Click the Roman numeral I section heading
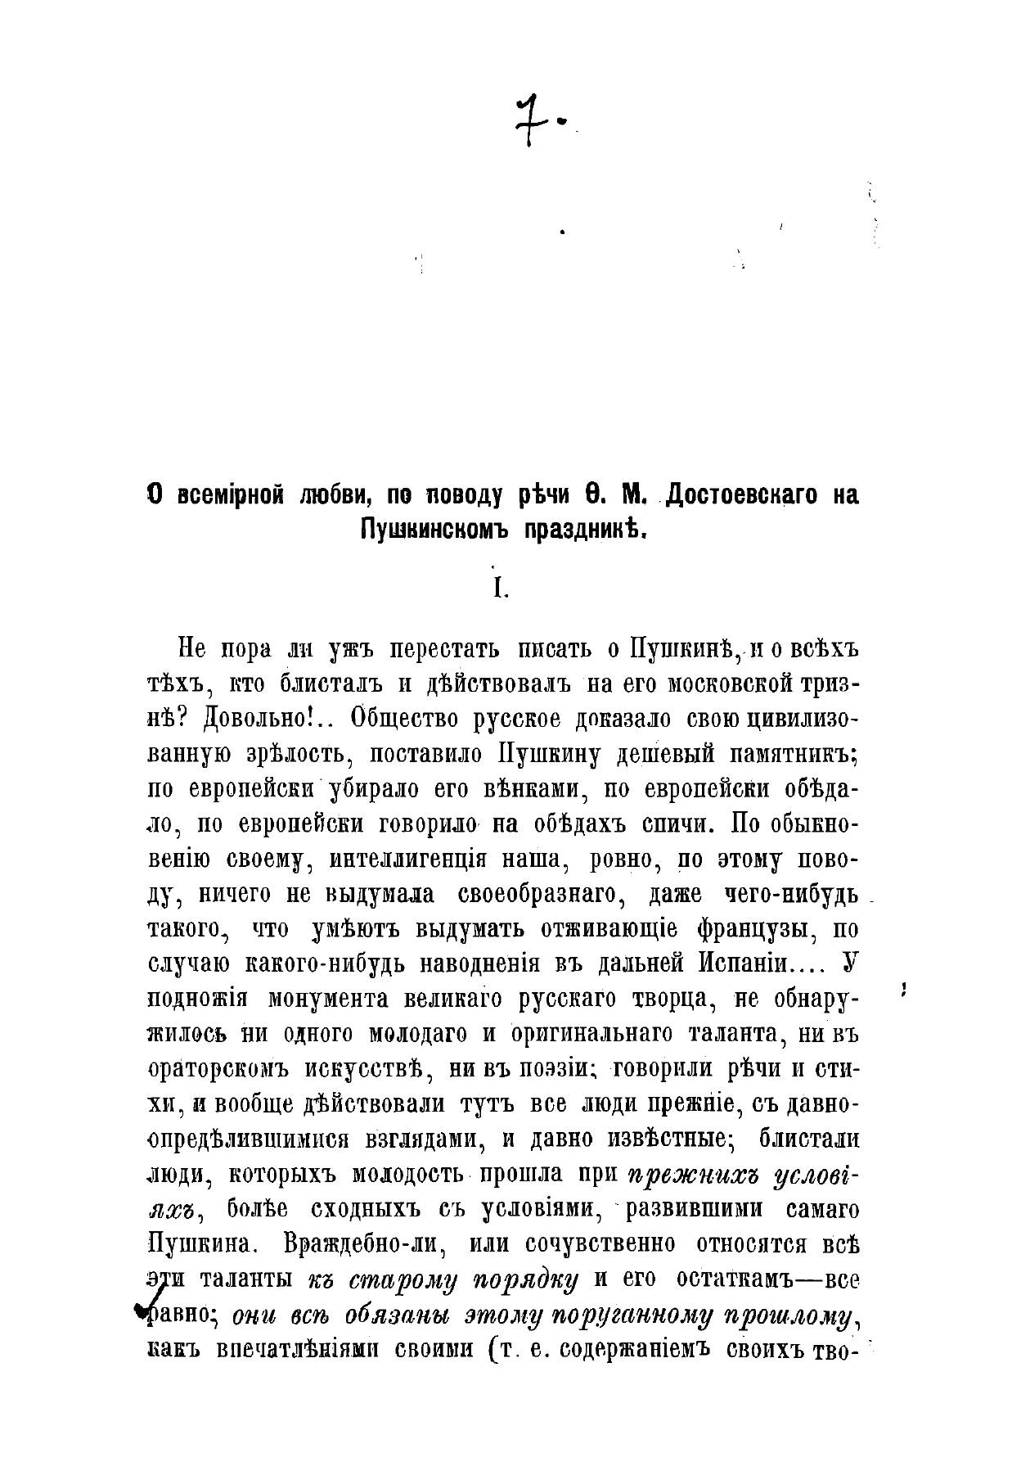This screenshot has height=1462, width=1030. pyautogui.click(x=499, y=590)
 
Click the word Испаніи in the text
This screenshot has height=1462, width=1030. pyautogui.click(x=743, y=964)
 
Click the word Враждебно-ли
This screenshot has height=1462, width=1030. pyautogui.click(x=365, y=1244)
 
